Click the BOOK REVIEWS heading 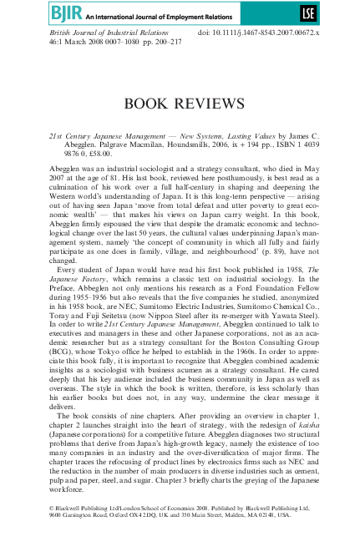[x=180, y=103]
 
